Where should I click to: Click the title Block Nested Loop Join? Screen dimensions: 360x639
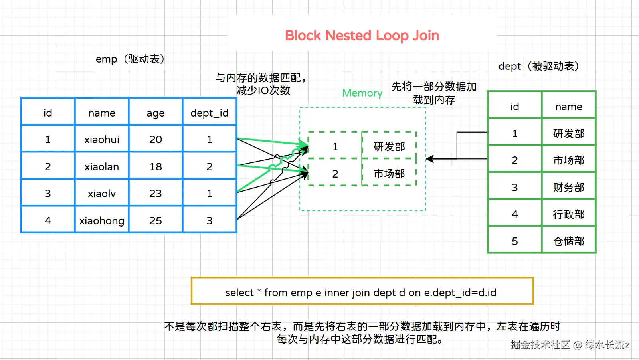(362, 36)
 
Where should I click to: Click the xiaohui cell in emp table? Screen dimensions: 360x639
(102, 140)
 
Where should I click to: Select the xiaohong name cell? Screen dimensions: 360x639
(102, 220)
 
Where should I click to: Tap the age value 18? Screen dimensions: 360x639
(156, 167)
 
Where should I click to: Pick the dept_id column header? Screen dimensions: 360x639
(210, 113)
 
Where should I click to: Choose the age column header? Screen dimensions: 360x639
(156, 113)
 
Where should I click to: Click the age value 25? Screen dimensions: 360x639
(156, 220)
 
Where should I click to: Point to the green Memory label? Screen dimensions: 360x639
(362, 93)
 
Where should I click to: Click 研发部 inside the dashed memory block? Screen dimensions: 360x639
(389, 147)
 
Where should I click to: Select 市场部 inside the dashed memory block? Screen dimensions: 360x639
(389, 174)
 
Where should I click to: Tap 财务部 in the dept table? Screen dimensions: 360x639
(569, 187)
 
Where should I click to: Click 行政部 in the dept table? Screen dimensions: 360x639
(569, 214)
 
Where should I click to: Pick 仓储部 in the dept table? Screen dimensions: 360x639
(569, 241)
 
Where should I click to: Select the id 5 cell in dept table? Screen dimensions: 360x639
(515, 241)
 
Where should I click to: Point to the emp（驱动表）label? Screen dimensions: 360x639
(130, 59)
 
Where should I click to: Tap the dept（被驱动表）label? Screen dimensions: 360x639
(538, 66)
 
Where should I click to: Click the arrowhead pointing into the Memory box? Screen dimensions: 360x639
(429, 159)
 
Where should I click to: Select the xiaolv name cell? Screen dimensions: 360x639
(102, 194)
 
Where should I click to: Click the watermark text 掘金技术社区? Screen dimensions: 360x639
(540, 345)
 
